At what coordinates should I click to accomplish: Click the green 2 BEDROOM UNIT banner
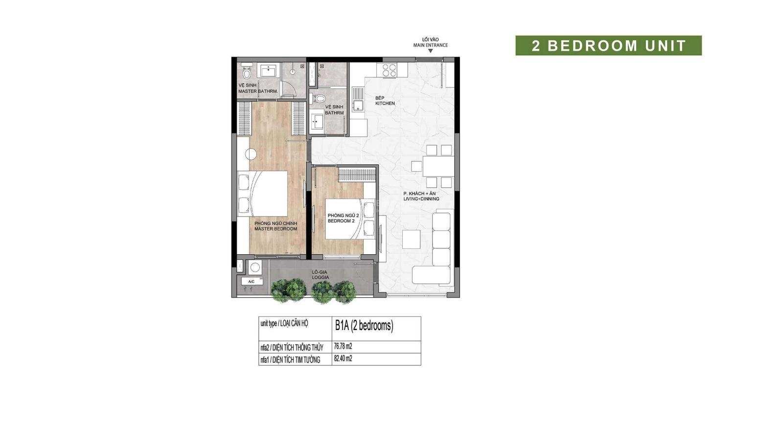coord(609,45)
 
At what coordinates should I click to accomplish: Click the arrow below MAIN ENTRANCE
coord(431,51)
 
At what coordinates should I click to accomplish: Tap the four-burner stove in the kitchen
coord(390,70)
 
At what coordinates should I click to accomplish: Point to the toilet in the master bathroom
coord(247,71)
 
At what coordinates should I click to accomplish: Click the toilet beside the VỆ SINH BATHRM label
coord(318,98)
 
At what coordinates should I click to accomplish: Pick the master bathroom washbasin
coord(268,71)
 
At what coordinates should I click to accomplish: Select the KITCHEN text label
coord(385,103)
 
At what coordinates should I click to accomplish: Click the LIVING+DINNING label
coord(421,199)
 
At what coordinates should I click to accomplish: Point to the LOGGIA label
coord(321,277)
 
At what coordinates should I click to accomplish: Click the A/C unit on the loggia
coord(252,282)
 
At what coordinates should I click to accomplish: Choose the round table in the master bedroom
coord(251,154)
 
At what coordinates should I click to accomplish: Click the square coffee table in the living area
coord(411,239)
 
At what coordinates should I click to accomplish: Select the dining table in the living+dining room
coord(438,166)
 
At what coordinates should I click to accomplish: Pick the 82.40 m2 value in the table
coord(343,359)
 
